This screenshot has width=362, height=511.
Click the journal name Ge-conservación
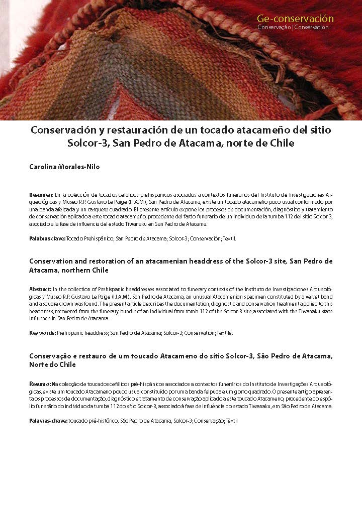click(295, 19)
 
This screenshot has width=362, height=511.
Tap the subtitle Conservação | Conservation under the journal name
click(293, 27)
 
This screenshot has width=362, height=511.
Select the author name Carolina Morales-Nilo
click(64, 167)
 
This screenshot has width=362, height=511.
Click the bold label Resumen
click(41, 194)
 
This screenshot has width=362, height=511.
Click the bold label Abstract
click(40, 289)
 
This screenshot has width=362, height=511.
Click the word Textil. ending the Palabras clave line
click(229, 238)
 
